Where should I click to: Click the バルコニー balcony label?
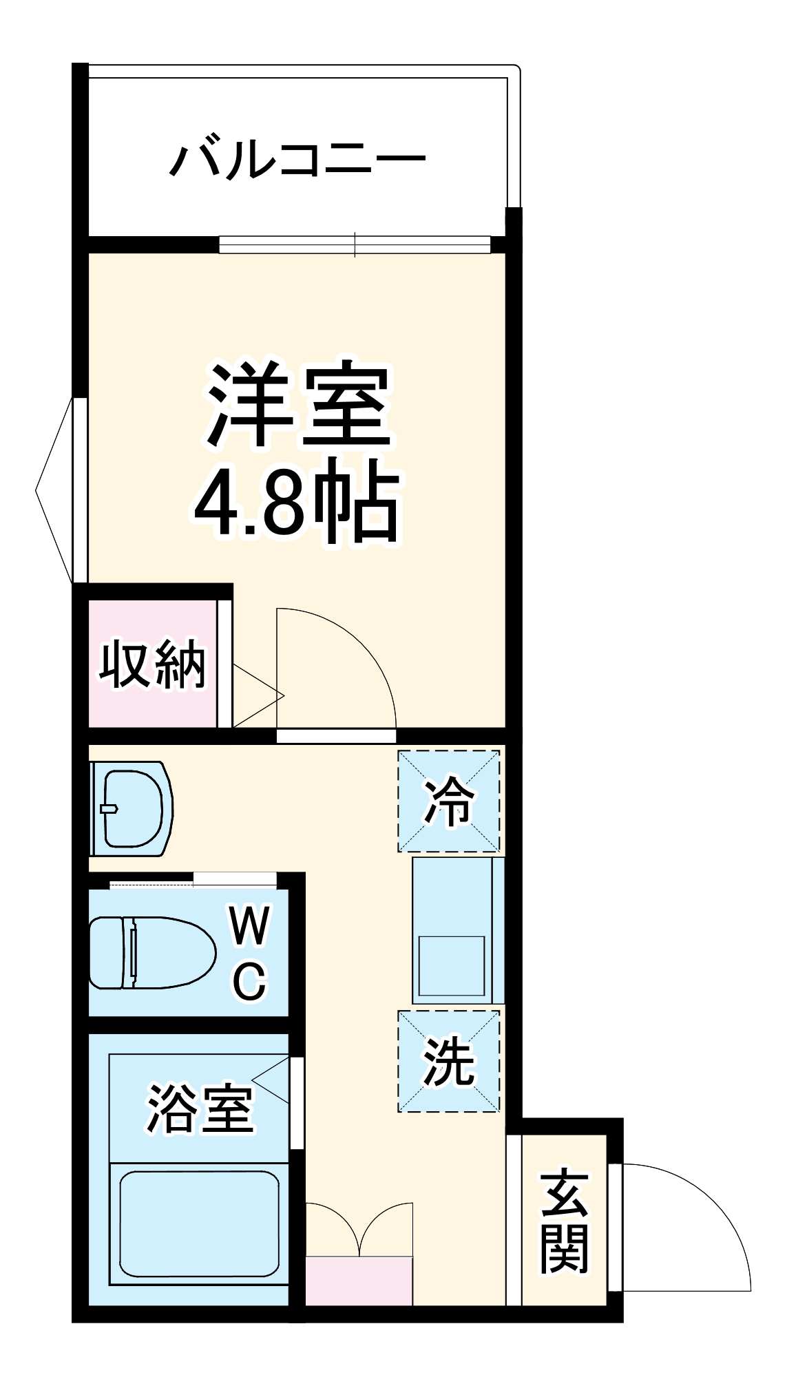tap(297, 160)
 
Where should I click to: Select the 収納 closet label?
tap(152, 664)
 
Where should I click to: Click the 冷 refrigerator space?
tap(448, 801)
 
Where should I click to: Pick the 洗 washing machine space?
tap(448, 1061)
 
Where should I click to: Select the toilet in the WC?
tap(151, 953)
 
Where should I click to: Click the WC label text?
tap(249, 954)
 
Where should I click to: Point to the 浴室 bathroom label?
tap(200, 1109)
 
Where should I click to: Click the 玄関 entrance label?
tap(565, 1220)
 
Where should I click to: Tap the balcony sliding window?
tap(355, 244)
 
